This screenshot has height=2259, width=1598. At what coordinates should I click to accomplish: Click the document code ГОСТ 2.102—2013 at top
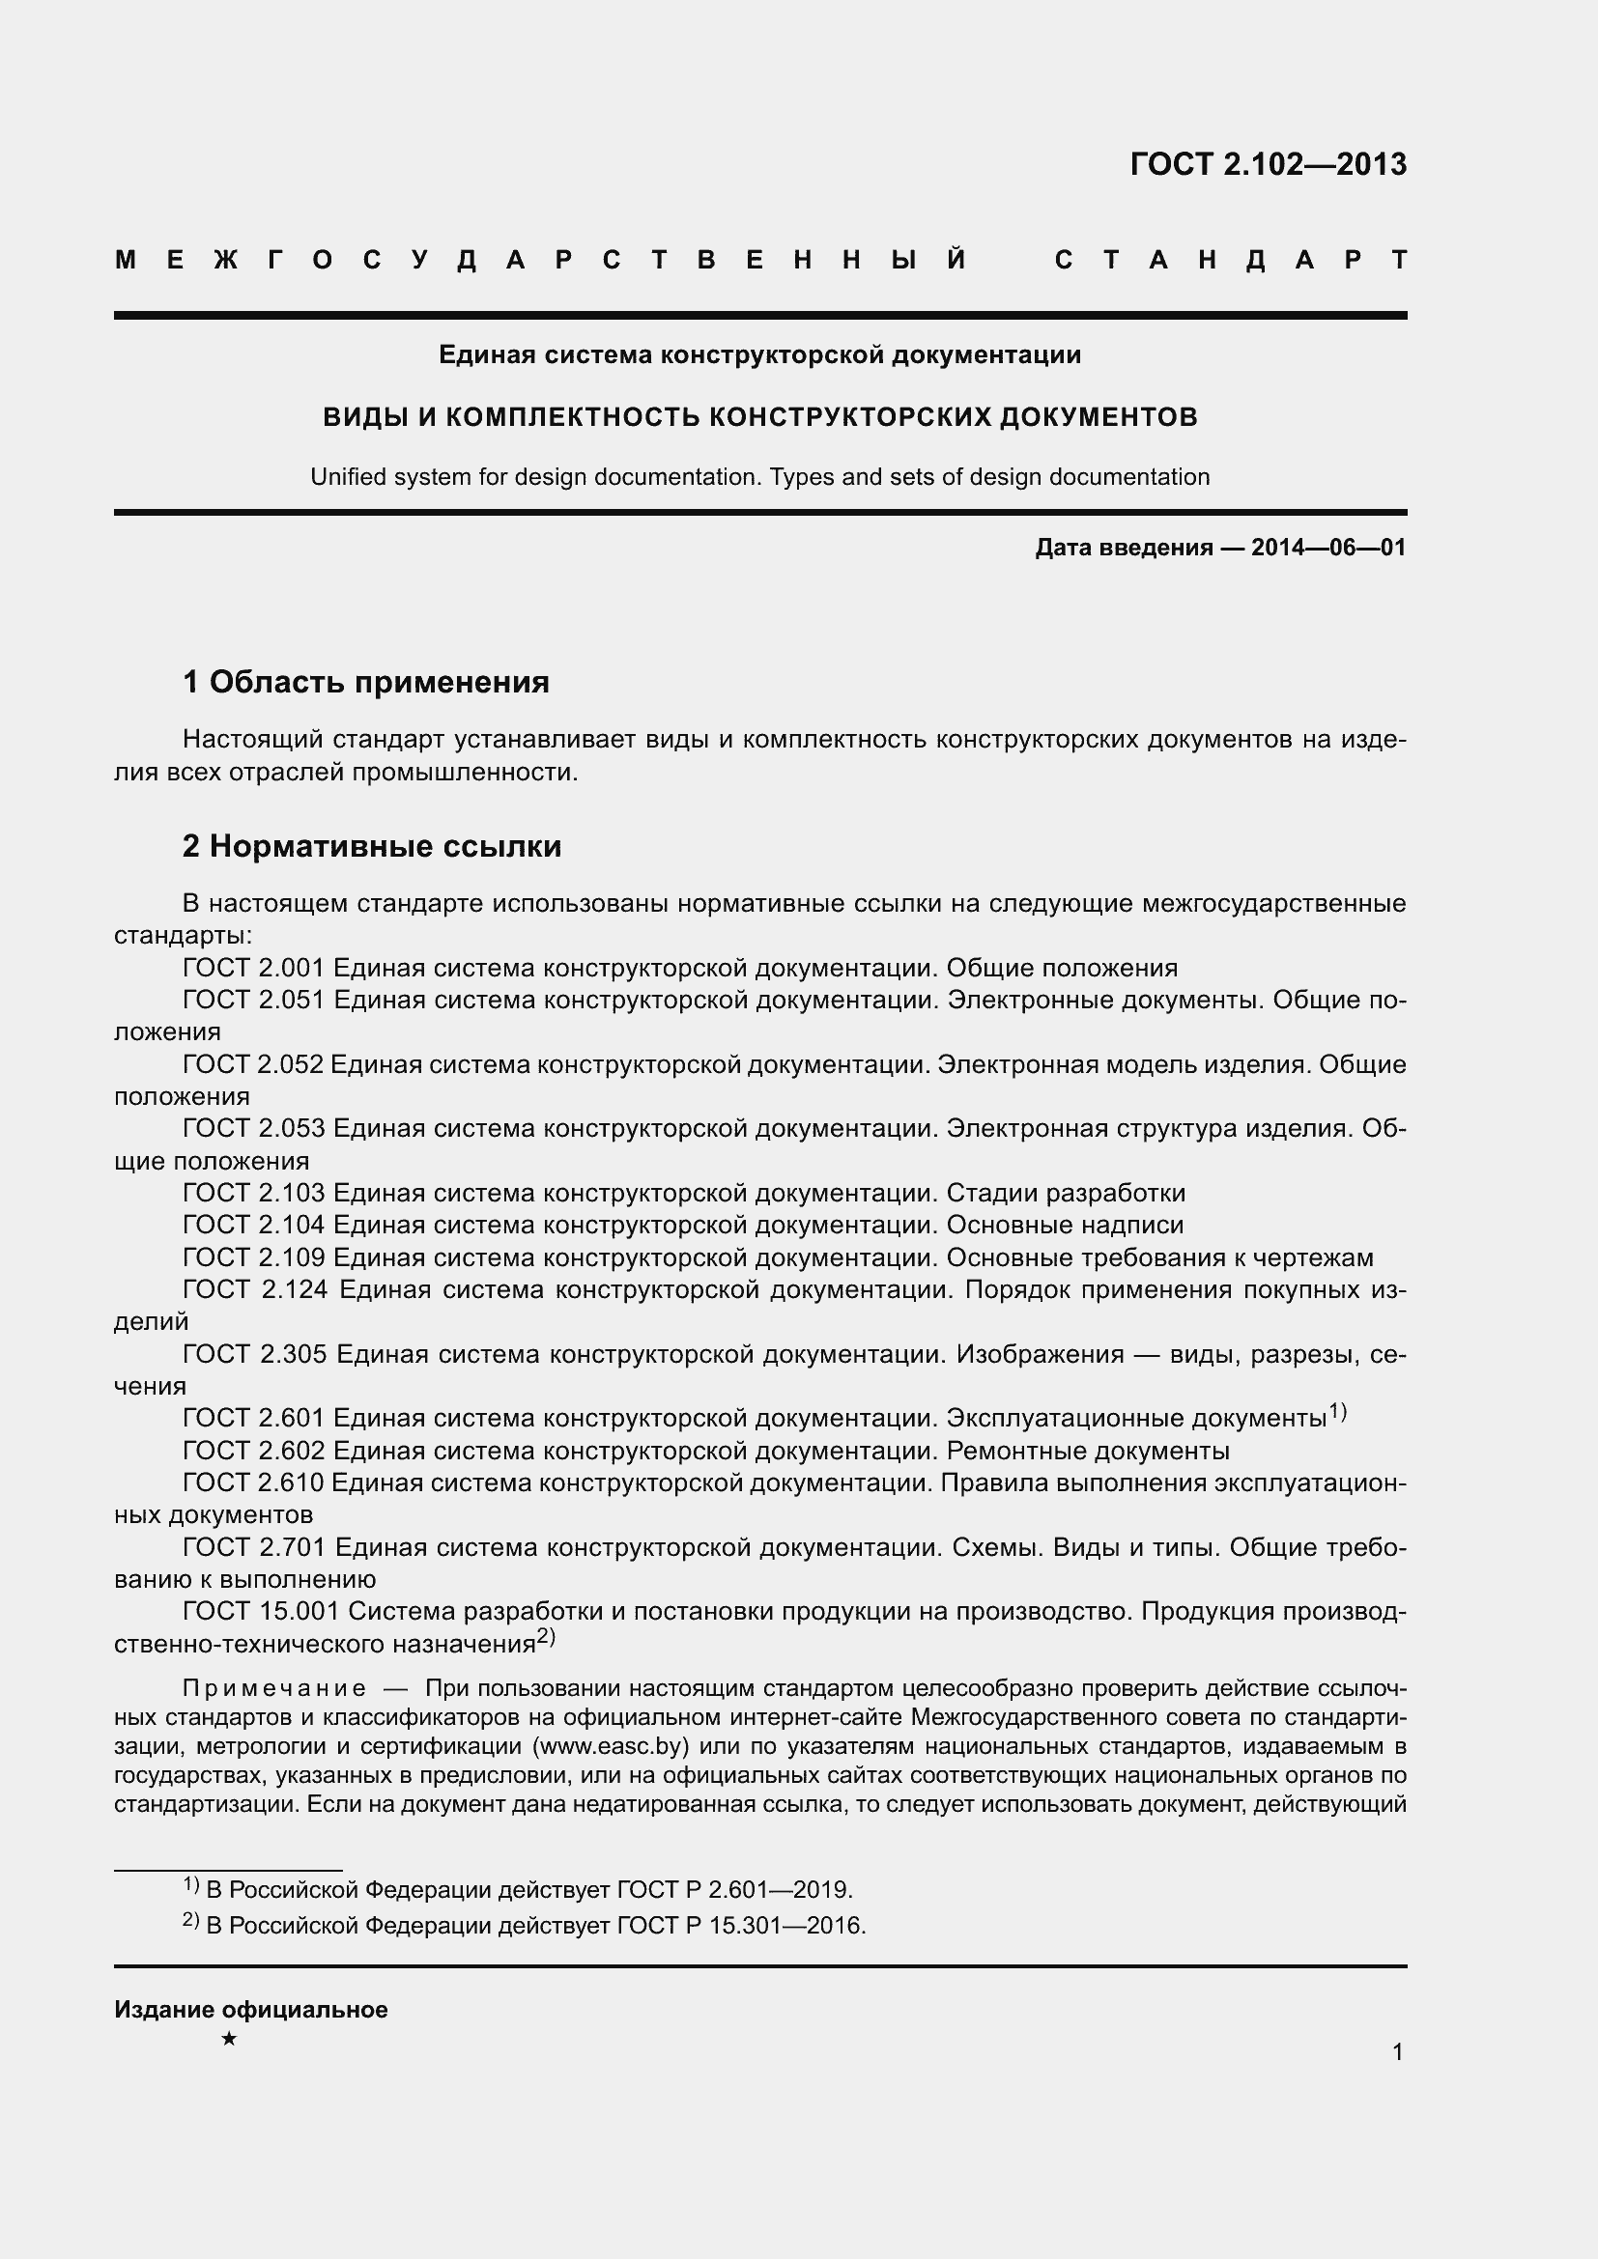[1268, 164]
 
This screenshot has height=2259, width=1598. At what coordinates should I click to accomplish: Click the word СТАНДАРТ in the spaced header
[1230, 261]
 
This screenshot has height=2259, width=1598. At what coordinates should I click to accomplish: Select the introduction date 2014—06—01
[1327, 548]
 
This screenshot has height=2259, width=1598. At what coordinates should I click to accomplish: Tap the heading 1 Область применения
[366, 682]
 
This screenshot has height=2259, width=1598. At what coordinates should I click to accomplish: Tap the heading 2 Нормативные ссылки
[372, 846]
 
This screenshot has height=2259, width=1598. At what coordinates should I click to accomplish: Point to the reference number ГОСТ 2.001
[253, 968]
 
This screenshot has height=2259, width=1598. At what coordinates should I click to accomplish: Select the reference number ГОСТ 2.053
[253, 1128]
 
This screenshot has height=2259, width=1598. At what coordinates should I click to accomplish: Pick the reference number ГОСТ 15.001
[261, 1612]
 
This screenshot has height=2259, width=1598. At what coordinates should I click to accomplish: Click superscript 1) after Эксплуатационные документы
[1337, 1412]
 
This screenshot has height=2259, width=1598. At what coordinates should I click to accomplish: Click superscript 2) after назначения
[546, 1637]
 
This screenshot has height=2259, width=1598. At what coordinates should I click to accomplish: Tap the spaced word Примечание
[274, 1688]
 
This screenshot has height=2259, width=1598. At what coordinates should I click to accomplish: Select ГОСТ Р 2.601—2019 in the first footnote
[734, 1890]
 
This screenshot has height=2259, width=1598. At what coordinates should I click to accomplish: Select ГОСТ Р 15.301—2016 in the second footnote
[741, 1926]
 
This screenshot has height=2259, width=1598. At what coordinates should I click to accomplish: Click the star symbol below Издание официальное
[229, 2039]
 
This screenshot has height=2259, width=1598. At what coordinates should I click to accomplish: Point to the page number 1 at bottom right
[1397, 2051]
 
